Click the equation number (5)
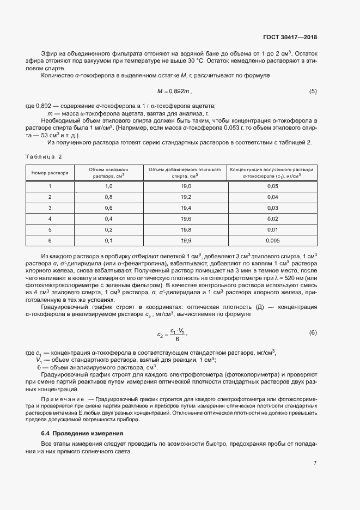tap(313, 91)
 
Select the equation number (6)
tap(313, 332)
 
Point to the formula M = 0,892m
tap(174, 91)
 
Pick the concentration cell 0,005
tap(272, 240)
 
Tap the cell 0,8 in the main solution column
tap(108, 197)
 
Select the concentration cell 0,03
tap(272, 208)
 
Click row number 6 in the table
tap(50, 240)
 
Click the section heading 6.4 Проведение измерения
tap(82, 433)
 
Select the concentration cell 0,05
tap(272, 186)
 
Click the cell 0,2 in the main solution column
tap(108, 229)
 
